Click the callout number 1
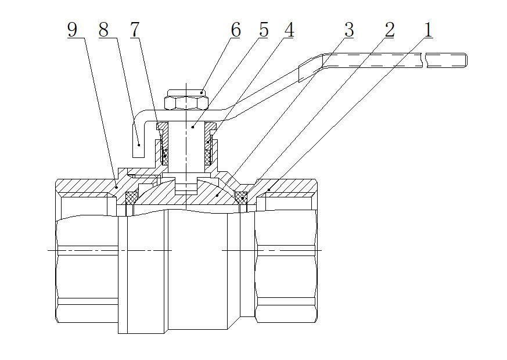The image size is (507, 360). [427, 30]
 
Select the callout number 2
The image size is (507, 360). [389, 30]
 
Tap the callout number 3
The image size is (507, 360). [348, 30]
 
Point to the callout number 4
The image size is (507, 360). [288, 30]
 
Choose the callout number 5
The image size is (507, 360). [263, 30]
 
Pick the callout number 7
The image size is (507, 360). [135, 30]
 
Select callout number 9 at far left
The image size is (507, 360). [72, 30]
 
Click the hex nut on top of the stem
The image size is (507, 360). [186, 103]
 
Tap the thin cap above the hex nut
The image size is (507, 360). [186, 92]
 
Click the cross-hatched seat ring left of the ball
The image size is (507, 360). [131, 198]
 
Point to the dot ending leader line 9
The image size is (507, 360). [116, 187]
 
